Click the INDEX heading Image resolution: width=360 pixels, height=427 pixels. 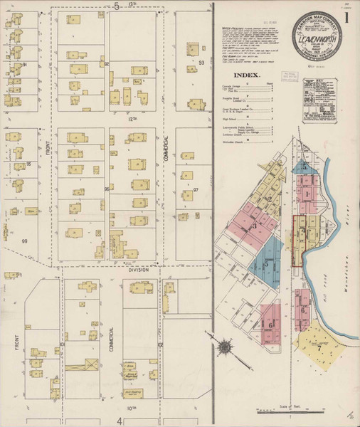click(x=246, y=74)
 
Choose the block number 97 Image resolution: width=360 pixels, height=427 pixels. click(x=196, y=191)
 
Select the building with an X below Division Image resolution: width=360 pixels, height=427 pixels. click(x=91, y=364)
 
